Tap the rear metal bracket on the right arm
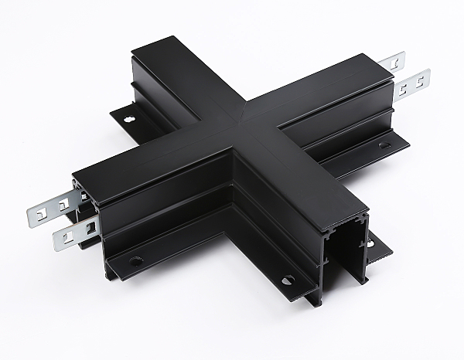391,61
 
